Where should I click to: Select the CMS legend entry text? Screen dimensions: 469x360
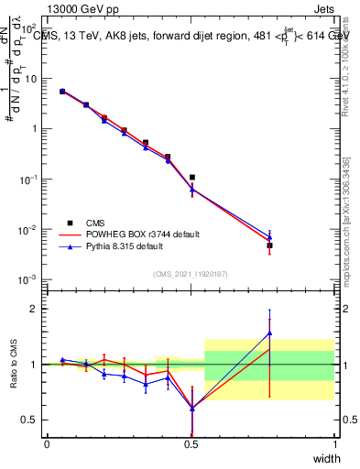[96, 223]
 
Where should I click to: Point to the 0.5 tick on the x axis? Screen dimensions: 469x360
[191, 444]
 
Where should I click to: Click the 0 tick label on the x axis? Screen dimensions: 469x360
[47, 444]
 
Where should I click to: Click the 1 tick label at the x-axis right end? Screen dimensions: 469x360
[334, 444]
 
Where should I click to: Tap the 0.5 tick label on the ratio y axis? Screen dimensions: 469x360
[28, 420]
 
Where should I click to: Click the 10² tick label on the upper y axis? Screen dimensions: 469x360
[27, 29]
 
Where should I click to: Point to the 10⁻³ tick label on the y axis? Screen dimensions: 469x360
[27, 278]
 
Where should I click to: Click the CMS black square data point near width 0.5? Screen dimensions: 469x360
[191, 177]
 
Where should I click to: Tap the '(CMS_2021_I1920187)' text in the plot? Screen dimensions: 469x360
[191, 273]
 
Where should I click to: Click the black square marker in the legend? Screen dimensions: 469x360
[70, 223]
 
